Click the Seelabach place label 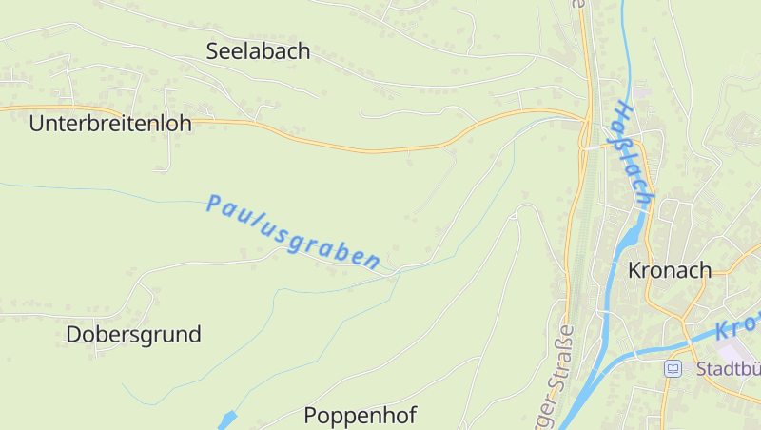pyautogui.click(x=259, y=51)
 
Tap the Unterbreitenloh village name pyautogui.click(x=110, y=124)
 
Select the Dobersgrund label pyautogui.click(x=134, y=335)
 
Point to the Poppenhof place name pyautogui.click(x=361, y=416)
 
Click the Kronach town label pyautogui.click(x=670, y=270)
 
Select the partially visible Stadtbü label pyautogui.click(x=727, y=369)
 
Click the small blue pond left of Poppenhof pyautogui.click(x=226, y=420)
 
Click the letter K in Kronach pyautogui.click(x=635, y=270)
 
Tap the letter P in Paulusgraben pyautogui.click(x=212, y=202)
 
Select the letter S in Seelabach pyautogui.click(x=213, y=51)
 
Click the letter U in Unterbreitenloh pyautogui.click(x=36, y=124)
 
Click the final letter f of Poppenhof pyautogui.click(x=412, y=415)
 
